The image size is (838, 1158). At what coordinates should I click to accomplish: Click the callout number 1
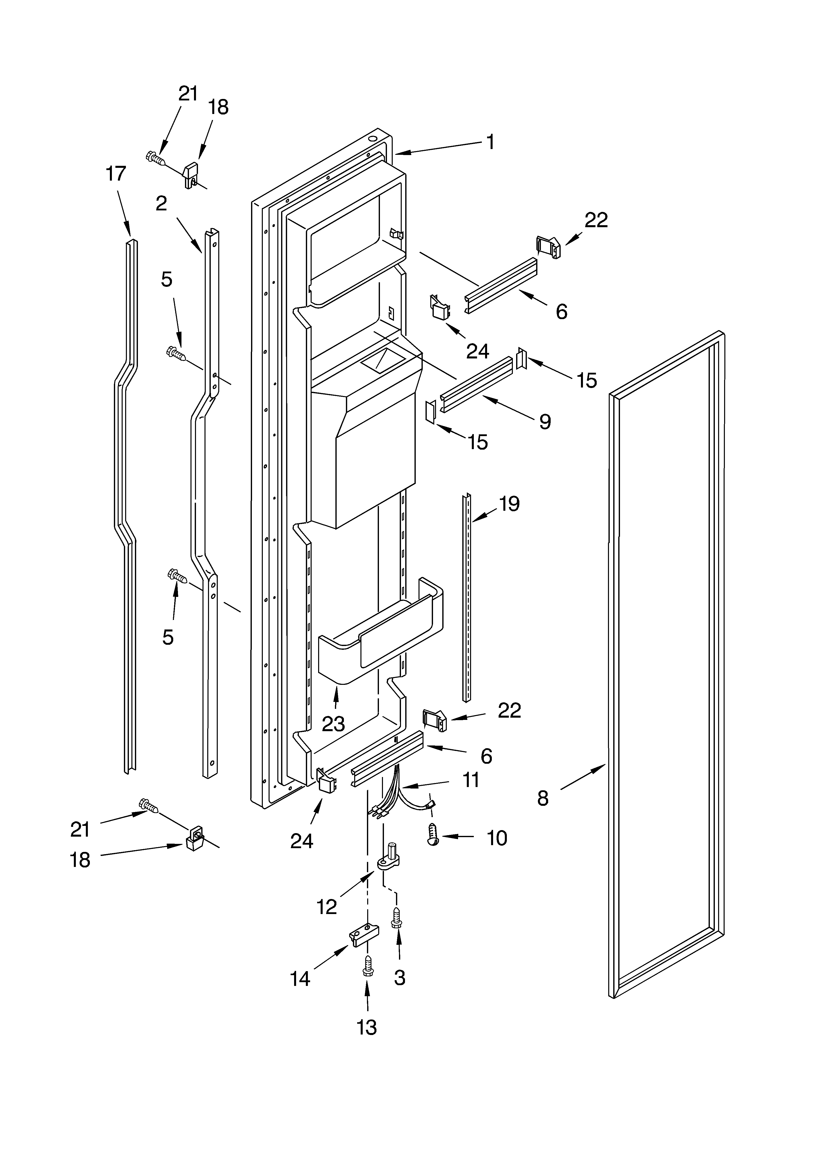tap(490, 142)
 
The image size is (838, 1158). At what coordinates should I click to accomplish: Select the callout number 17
tap(116, 174)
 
